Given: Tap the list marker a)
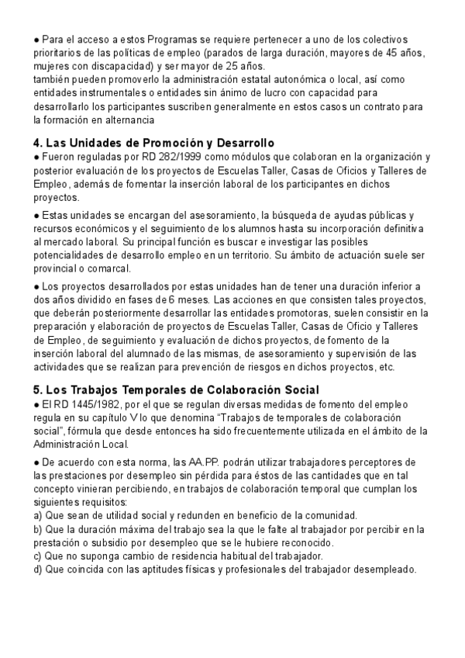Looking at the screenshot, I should [38, 515].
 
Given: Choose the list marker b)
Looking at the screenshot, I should [38, 529].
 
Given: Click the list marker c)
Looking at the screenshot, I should [38, 556].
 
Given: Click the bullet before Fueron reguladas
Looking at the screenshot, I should [36, 157].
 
